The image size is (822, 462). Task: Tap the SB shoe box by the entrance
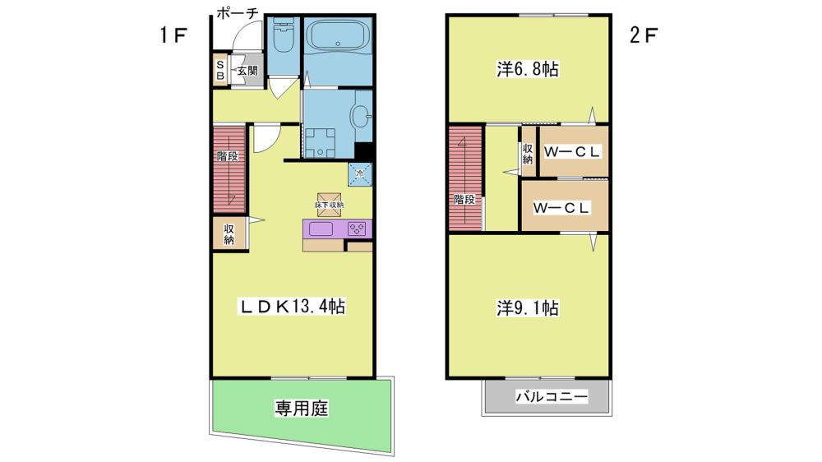pyautogui.click(x=220, y=70)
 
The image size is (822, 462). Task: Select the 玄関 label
pyautogui.click(x=247, y=70)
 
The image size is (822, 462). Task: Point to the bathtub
pyautogui.click(x=338, y=35)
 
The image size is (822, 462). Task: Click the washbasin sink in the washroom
pyautogui.click(x=361, y=116)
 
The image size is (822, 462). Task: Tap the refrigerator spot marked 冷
pyautogui.click(x=360, y=173)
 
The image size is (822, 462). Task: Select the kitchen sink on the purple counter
pyautogui.click(x=321, y=229)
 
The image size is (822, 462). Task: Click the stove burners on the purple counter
pyautogui.click(x=357, y=229)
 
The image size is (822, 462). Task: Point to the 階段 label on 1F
pyautogui.click(x=228, y=155)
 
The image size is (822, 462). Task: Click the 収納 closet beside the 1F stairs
pyautogui.click(x=229, y=234)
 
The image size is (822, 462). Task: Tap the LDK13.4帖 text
pyautogui.click(x=293, y=307)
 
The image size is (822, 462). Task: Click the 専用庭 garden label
pyautogui.click(x=302, y=408)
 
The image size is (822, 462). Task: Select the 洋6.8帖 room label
pyautogui.click(x=528, y=69)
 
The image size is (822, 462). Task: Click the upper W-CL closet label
pyautogui.click(x=571, y=152)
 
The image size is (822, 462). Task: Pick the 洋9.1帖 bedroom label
pyautogui.click(x=528, y=307)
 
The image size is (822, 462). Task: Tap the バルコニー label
pyautogui.click(x=552, y=396)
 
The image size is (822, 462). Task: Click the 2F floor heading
pyautogui.click(x=644, y=35)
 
